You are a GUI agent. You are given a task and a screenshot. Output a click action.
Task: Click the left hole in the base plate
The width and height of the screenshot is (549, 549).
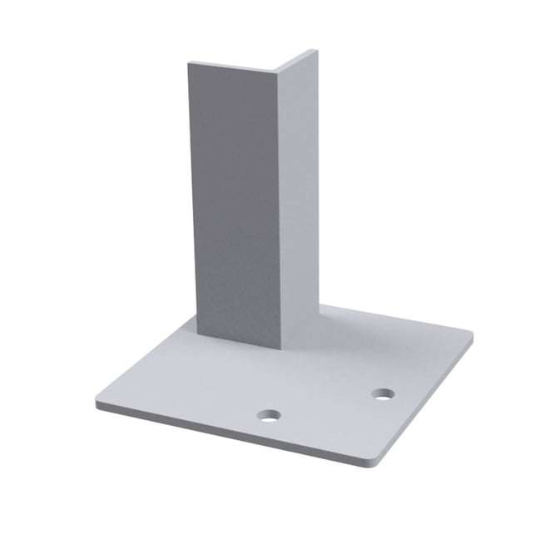coord(269,414)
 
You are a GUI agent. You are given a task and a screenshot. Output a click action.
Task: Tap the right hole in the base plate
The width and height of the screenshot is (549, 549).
coord(383,393)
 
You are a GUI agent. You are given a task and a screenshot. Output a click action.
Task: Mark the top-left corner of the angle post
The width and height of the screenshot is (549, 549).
coord(189,63)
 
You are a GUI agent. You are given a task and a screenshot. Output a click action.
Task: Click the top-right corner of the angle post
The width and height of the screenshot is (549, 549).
coord(317,51)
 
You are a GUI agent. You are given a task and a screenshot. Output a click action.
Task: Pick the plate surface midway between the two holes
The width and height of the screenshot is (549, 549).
coord(326,403)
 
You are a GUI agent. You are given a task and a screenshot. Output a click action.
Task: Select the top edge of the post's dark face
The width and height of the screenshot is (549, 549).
coord(233,67)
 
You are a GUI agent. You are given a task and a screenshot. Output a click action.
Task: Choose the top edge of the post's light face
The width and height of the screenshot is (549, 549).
coord(297,60)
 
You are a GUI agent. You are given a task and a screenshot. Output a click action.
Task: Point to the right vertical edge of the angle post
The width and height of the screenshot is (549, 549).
coord(319,183)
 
